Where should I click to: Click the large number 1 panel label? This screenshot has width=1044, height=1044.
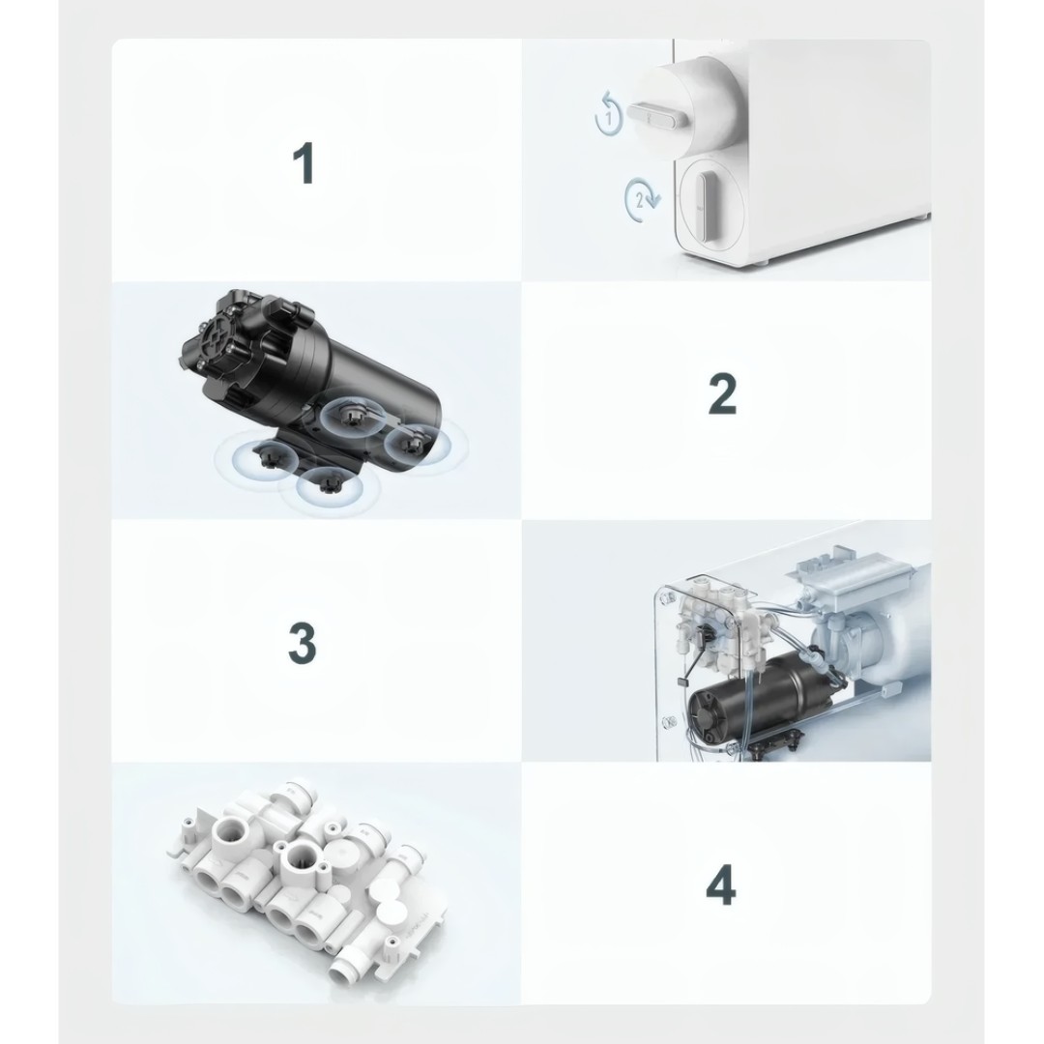304,164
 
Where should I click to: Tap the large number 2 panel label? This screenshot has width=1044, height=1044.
721,393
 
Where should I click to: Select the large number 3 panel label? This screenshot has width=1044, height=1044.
303,643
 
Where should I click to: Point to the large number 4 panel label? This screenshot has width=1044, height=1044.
721,885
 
